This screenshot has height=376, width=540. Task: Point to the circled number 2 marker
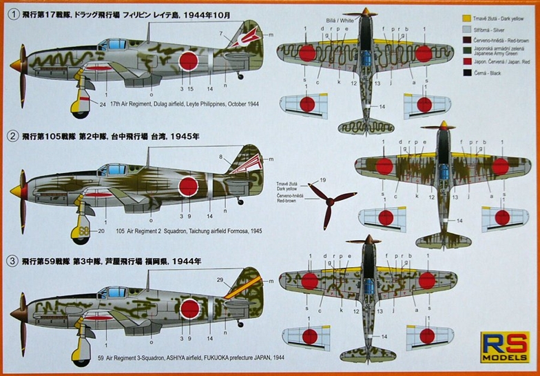pos(8,136)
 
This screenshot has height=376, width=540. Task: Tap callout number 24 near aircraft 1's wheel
pos(102,105)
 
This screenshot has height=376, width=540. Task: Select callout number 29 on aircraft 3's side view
pos(220,279)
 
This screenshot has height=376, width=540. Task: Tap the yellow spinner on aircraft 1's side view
pos(15,63)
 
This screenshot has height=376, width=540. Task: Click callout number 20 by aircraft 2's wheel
pos(101,230)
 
